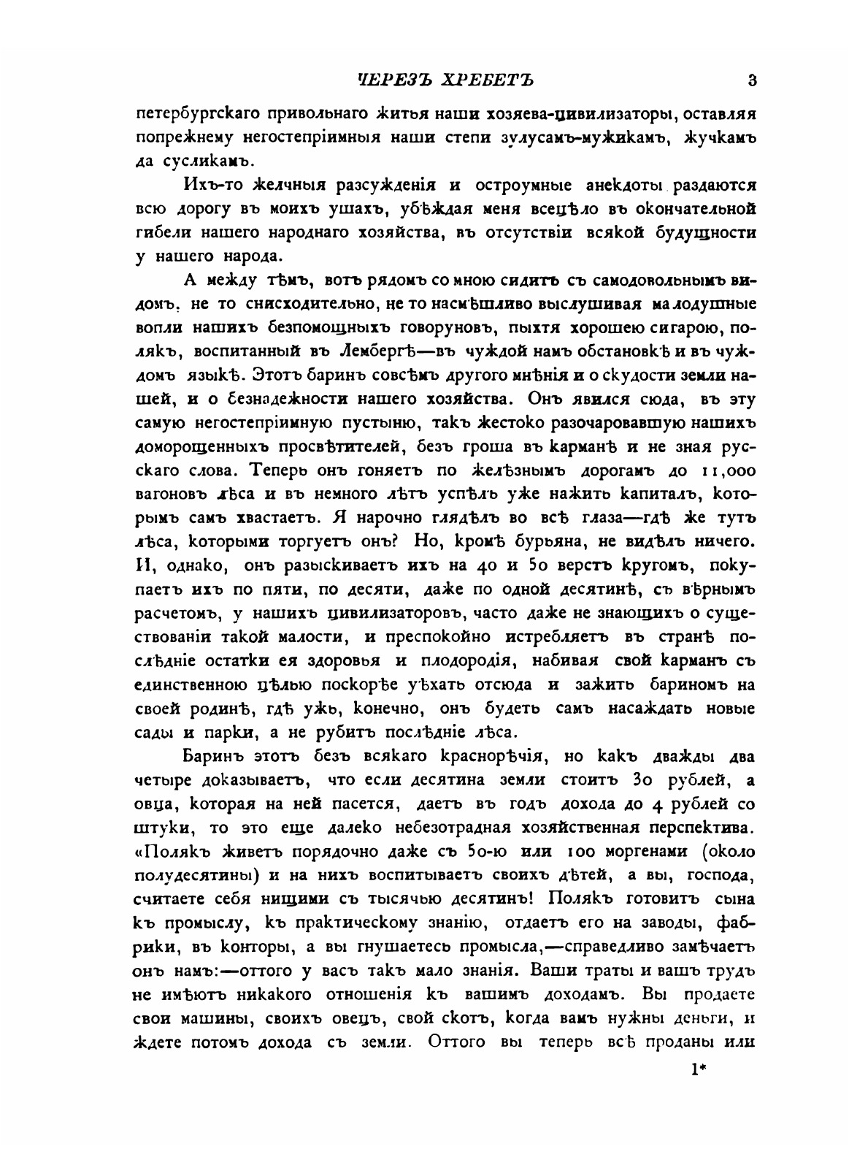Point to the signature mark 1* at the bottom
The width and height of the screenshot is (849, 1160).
[x=699, y=1071]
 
